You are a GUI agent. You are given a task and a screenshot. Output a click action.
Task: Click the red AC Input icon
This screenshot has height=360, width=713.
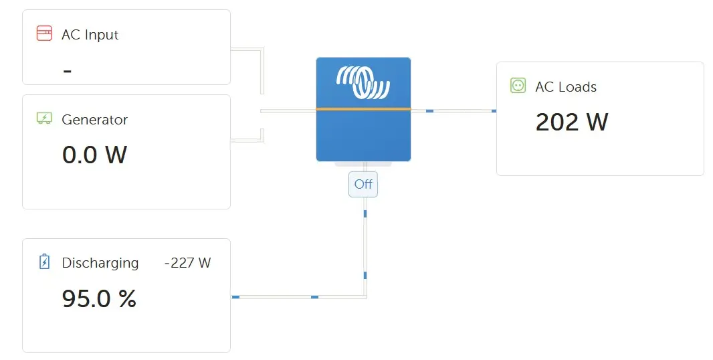tap(44, 33)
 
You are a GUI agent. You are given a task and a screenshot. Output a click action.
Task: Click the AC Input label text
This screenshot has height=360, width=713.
tap(90, 35)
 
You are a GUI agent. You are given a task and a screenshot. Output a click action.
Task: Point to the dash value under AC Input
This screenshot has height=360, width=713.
tap(68, 71)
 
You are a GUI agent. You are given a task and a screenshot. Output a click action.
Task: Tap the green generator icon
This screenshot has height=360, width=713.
tap(44, 118)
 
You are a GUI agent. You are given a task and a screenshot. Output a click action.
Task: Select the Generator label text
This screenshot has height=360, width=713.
tap(94, 120)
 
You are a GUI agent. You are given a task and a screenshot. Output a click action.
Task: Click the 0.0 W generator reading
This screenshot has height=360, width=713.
tap(94, 155)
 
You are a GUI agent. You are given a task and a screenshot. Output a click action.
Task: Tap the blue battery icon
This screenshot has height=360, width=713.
tap(44, 262)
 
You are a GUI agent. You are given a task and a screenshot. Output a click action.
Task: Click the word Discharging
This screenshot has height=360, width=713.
tap(100, 263)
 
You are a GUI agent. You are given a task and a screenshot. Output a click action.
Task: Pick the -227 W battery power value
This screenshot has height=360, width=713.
tap(187, 262)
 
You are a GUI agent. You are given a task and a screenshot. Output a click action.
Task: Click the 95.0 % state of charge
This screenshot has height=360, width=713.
tap(99, 298)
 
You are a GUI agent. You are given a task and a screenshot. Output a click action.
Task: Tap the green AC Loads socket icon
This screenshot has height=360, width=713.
tap(518, 85)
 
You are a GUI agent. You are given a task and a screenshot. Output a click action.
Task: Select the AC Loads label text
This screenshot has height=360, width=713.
tap(566, 87)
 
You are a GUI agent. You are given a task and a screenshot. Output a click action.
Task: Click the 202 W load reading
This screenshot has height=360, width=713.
tap(572, 122)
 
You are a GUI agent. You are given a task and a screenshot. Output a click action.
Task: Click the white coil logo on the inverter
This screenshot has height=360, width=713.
tap(363, 82)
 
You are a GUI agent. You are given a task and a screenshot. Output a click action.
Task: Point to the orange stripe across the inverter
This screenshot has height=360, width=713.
tap(363, 109)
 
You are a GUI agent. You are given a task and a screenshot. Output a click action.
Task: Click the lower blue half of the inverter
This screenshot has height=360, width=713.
tap(363, 136)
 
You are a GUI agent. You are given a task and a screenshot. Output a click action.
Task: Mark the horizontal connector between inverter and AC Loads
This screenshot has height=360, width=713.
tap(453, 110)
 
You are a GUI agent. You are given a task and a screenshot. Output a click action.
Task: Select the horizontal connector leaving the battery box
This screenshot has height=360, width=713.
tap(299, 296)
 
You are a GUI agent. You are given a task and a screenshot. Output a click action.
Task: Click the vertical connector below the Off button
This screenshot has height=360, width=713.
tap(365, 247)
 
